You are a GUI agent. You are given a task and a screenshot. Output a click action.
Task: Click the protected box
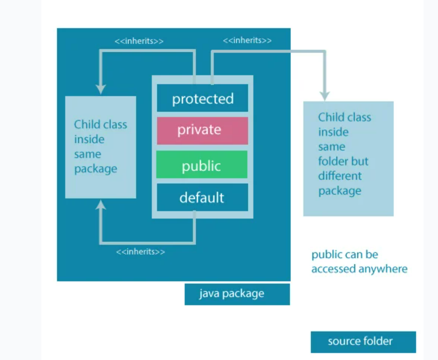(202, 99)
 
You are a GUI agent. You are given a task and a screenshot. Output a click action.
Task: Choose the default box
(202, 197)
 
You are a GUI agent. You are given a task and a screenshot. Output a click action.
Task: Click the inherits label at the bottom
(140, 252)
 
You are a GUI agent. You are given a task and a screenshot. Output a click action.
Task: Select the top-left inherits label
(139, 41)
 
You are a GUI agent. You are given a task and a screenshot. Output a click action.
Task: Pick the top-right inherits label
(247, 41)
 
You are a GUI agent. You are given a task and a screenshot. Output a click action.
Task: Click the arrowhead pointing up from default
(101, 205)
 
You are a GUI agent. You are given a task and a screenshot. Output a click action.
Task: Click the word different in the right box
(340, 176)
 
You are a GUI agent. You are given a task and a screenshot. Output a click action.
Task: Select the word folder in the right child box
(330, 162)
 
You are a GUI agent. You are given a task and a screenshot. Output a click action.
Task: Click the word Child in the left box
(85, 124)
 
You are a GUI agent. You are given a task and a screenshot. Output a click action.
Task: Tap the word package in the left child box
(96, 169)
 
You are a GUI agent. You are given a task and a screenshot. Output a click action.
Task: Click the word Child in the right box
(329, 118)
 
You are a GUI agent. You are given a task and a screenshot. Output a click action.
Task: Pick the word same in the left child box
(87, 154)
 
